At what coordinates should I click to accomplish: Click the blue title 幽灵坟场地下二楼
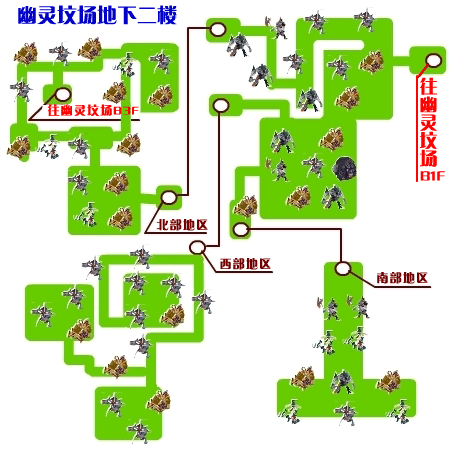[x=97, y=16]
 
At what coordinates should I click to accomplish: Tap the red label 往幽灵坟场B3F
[x=93, y=110]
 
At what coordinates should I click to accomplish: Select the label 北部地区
[x=182, y=225]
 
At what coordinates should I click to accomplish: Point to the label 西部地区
[x=245, y=264]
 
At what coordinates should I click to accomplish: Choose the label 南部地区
[x=402, y=278]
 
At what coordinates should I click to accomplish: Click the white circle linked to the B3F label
[x=62, y=95]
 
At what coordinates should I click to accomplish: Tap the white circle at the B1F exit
[x=433, y=60]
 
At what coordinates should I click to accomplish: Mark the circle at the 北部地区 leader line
[x=169, y=197]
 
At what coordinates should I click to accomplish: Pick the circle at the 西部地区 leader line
[x=197, y=248]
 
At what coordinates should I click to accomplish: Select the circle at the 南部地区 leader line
[x=343, y=268]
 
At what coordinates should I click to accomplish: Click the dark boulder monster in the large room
[x=344, y=168]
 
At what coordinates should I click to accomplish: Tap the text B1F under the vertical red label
[x=432, y=176]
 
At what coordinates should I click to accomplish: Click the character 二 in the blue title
[x=147, y=16]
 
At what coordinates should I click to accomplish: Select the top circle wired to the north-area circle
[x=218, y=29]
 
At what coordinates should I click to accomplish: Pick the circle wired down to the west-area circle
[x=220, y=105]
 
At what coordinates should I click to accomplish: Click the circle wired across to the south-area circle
[x=241, y=229]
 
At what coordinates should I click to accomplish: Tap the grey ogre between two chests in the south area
[x=343, y=382]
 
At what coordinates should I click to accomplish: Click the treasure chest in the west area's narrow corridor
[x=116, y=366]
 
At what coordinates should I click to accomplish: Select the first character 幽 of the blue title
[x=27, y=16]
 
